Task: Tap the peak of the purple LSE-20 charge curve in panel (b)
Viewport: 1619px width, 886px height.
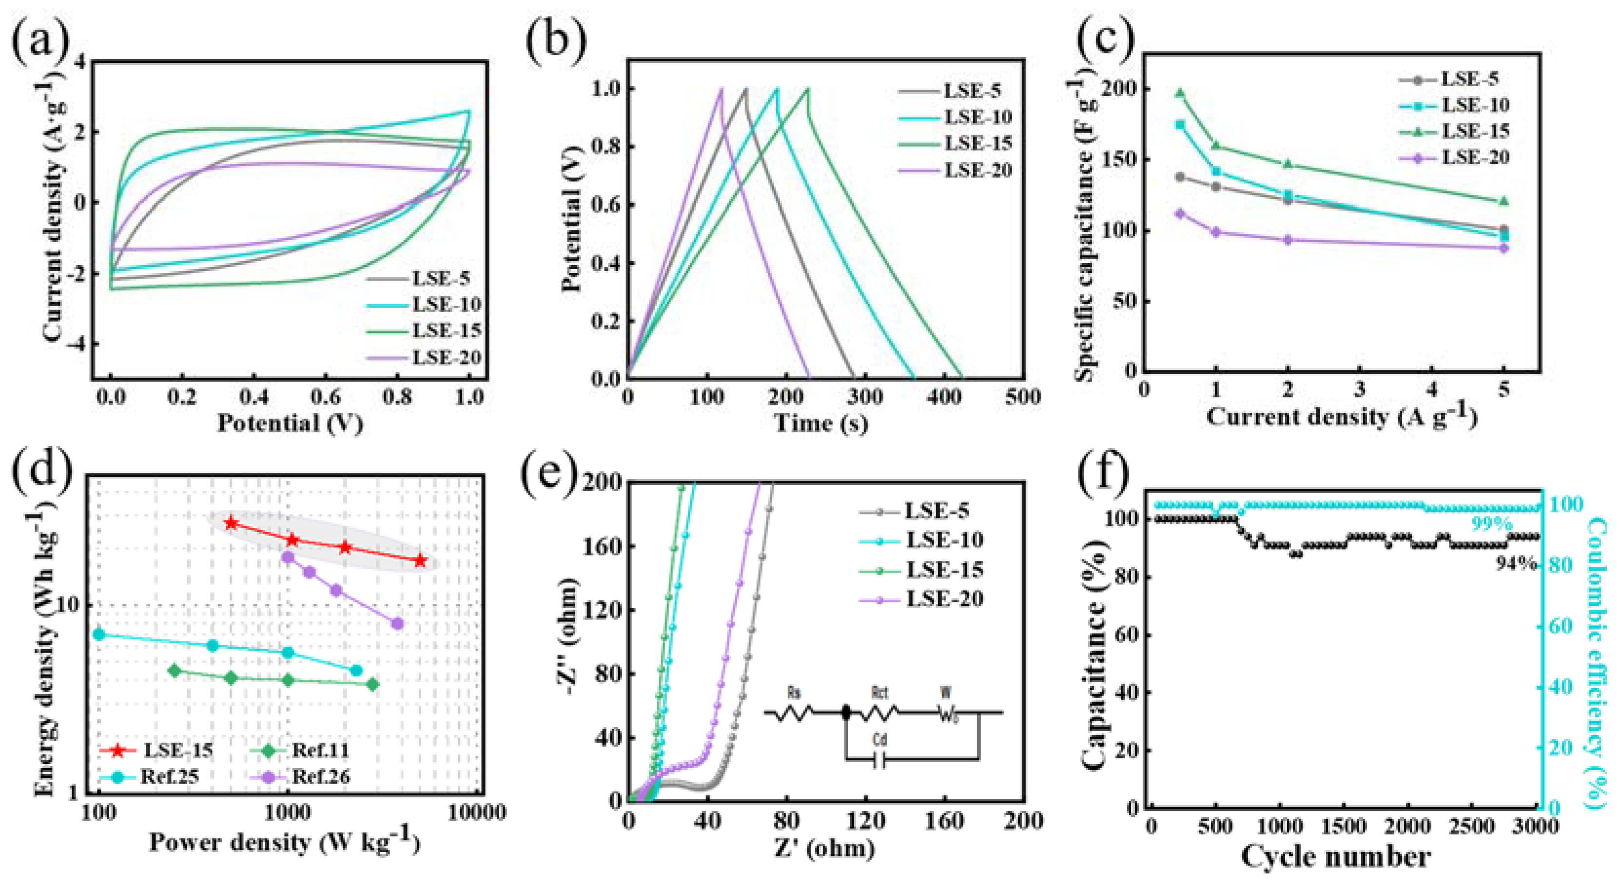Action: click(721, 89)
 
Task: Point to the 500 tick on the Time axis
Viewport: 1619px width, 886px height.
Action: click(1023, 397)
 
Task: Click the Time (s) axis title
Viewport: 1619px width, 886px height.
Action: click(820, 423)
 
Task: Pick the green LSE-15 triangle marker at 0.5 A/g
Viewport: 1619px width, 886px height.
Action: click(1180, 93)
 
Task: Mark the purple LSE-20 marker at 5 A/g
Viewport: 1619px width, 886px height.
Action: click(1504, 248)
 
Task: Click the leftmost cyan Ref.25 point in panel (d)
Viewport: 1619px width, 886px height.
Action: click(98, 634)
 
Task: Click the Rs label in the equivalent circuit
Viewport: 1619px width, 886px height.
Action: click(794, 693)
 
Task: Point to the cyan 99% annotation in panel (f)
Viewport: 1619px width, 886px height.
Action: click(1491, 524)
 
